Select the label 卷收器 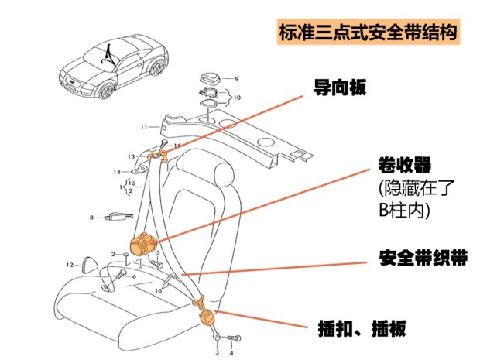tap(404, 165)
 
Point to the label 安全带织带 tap(423, 259)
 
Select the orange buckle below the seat tap(207, 318)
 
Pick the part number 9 tap(237, 79)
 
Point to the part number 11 tap(144, 126)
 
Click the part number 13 tap(132, 156)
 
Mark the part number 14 tap(116, 171)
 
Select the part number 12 tap(69, 265)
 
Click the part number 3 tap(218, 352)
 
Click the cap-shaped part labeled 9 tap(210, 77)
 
